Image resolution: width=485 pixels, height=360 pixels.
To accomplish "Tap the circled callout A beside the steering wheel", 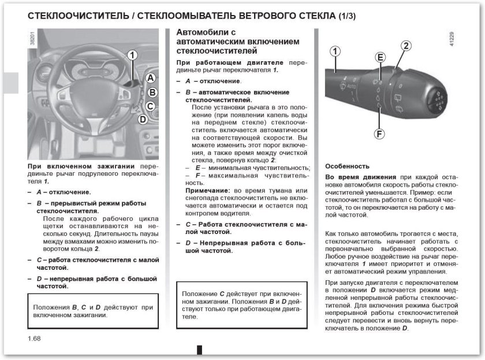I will pyautogui.click(x=150, y=77).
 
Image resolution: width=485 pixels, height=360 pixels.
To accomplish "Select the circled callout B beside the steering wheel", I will pyautogui.click(x=152, y=92).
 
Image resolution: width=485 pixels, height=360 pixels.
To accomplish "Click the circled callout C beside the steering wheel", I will pyautogui.click(x=150, y=106).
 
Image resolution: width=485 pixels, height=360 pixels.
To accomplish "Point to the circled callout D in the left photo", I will pyautogui.click(x=143, y=120).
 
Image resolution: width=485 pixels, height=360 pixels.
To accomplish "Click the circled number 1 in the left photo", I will pyautogui.click(x=132, y=55).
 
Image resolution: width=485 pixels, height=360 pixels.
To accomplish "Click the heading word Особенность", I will pyautogui.click(x=347, y=166).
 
